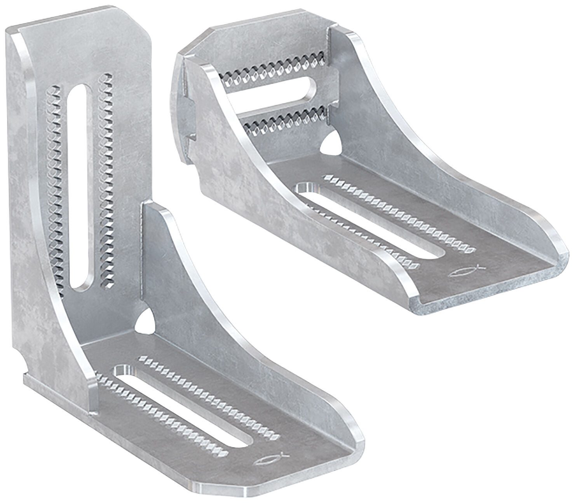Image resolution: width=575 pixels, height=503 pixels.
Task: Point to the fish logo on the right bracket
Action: pos(466,270)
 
